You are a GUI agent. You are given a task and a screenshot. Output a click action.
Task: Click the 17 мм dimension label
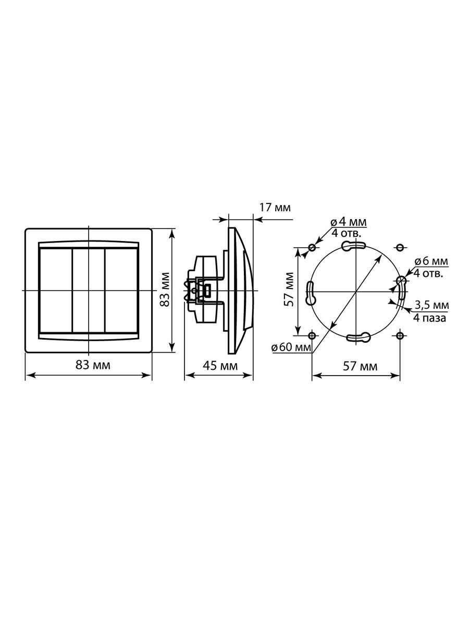coord(275,208)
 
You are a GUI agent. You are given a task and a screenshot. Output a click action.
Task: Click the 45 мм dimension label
coord(220,366)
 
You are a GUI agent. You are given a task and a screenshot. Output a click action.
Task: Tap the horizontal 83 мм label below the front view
coord(93,365)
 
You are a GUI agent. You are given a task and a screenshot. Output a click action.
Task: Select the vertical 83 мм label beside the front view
coord(165,290)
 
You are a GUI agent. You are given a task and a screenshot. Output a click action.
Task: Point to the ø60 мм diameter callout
coord(291,347)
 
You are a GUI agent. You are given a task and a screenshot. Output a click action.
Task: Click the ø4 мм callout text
coord(349,222)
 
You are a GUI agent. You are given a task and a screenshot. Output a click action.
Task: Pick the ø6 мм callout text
coord(431,261)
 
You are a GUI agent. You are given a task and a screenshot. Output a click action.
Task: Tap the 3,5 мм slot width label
coord(431,306)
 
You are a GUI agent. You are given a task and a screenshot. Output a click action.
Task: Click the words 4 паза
coord(430,318)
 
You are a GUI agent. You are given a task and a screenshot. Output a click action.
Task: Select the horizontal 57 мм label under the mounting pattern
coord(360,366)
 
